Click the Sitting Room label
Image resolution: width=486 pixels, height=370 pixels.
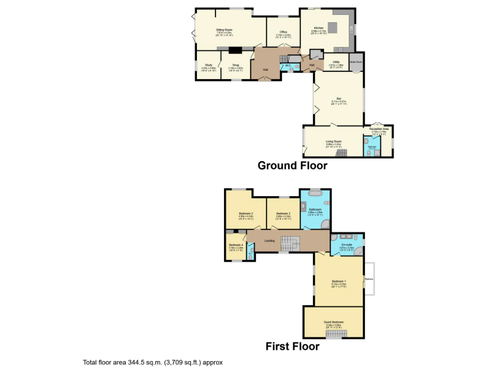click(224, 30)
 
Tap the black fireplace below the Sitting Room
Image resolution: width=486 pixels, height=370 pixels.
click(235, 49)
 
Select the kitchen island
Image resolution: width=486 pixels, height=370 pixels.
click(333, 27)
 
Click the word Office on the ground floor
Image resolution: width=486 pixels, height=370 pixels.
click(283, 32)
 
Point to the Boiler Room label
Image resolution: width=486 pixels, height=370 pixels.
click(356, 62)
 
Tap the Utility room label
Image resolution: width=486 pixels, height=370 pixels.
click(336, 62)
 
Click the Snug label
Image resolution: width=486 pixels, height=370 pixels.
click(236, 65)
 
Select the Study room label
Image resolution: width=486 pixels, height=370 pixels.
click(208, 65)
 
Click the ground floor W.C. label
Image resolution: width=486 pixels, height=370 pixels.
click(288, 65)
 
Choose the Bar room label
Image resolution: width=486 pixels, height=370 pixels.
click(338, 98)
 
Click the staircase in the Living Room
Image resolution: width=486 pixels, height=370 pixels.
click(341, 153)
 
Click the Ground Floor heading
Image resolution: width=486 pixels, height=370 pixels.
click(292, 165)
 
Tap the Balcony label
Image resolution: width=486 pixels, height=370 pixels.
click(369, 279)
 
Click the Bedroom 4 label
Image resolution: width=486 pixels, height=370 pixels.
click(235, 245)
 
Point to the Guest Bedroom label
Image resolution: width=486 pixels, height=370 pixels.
click(334, 322)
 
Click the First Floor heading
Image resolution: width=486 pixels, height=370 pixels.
click(292, 346)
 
